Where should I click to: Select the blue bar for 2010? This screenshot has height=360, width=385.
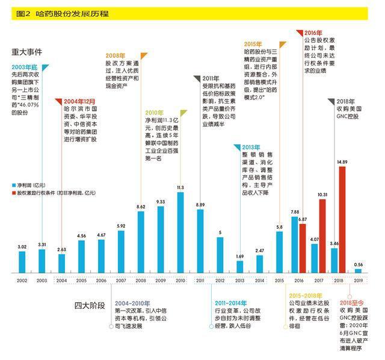[x=180, y=232]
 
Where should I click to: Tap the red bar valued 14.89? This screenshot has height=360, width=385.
[x=342, y=219]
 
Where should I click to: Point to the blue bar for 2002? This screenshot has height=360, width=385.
[x=22, y=261]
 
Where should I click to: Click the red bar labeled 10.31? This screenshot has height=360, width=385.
[x=322, y=235]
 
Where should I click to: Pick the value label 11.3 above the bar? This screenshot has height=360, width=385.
[x=180, y=188]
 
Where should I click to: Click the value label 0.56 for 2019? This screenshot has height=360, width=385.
[x=359, y=264]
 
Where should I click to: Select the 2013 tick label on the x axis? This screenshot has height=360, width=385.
[x=240, y=281]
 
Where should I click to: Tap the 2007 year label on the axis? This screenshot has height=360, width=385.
[x=121, y=281]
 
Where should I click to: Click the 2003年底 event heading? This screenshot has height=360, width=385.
[x=25, y=67]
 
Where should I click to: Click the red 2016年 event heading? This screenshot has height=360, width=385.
[x=313, y=32]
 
